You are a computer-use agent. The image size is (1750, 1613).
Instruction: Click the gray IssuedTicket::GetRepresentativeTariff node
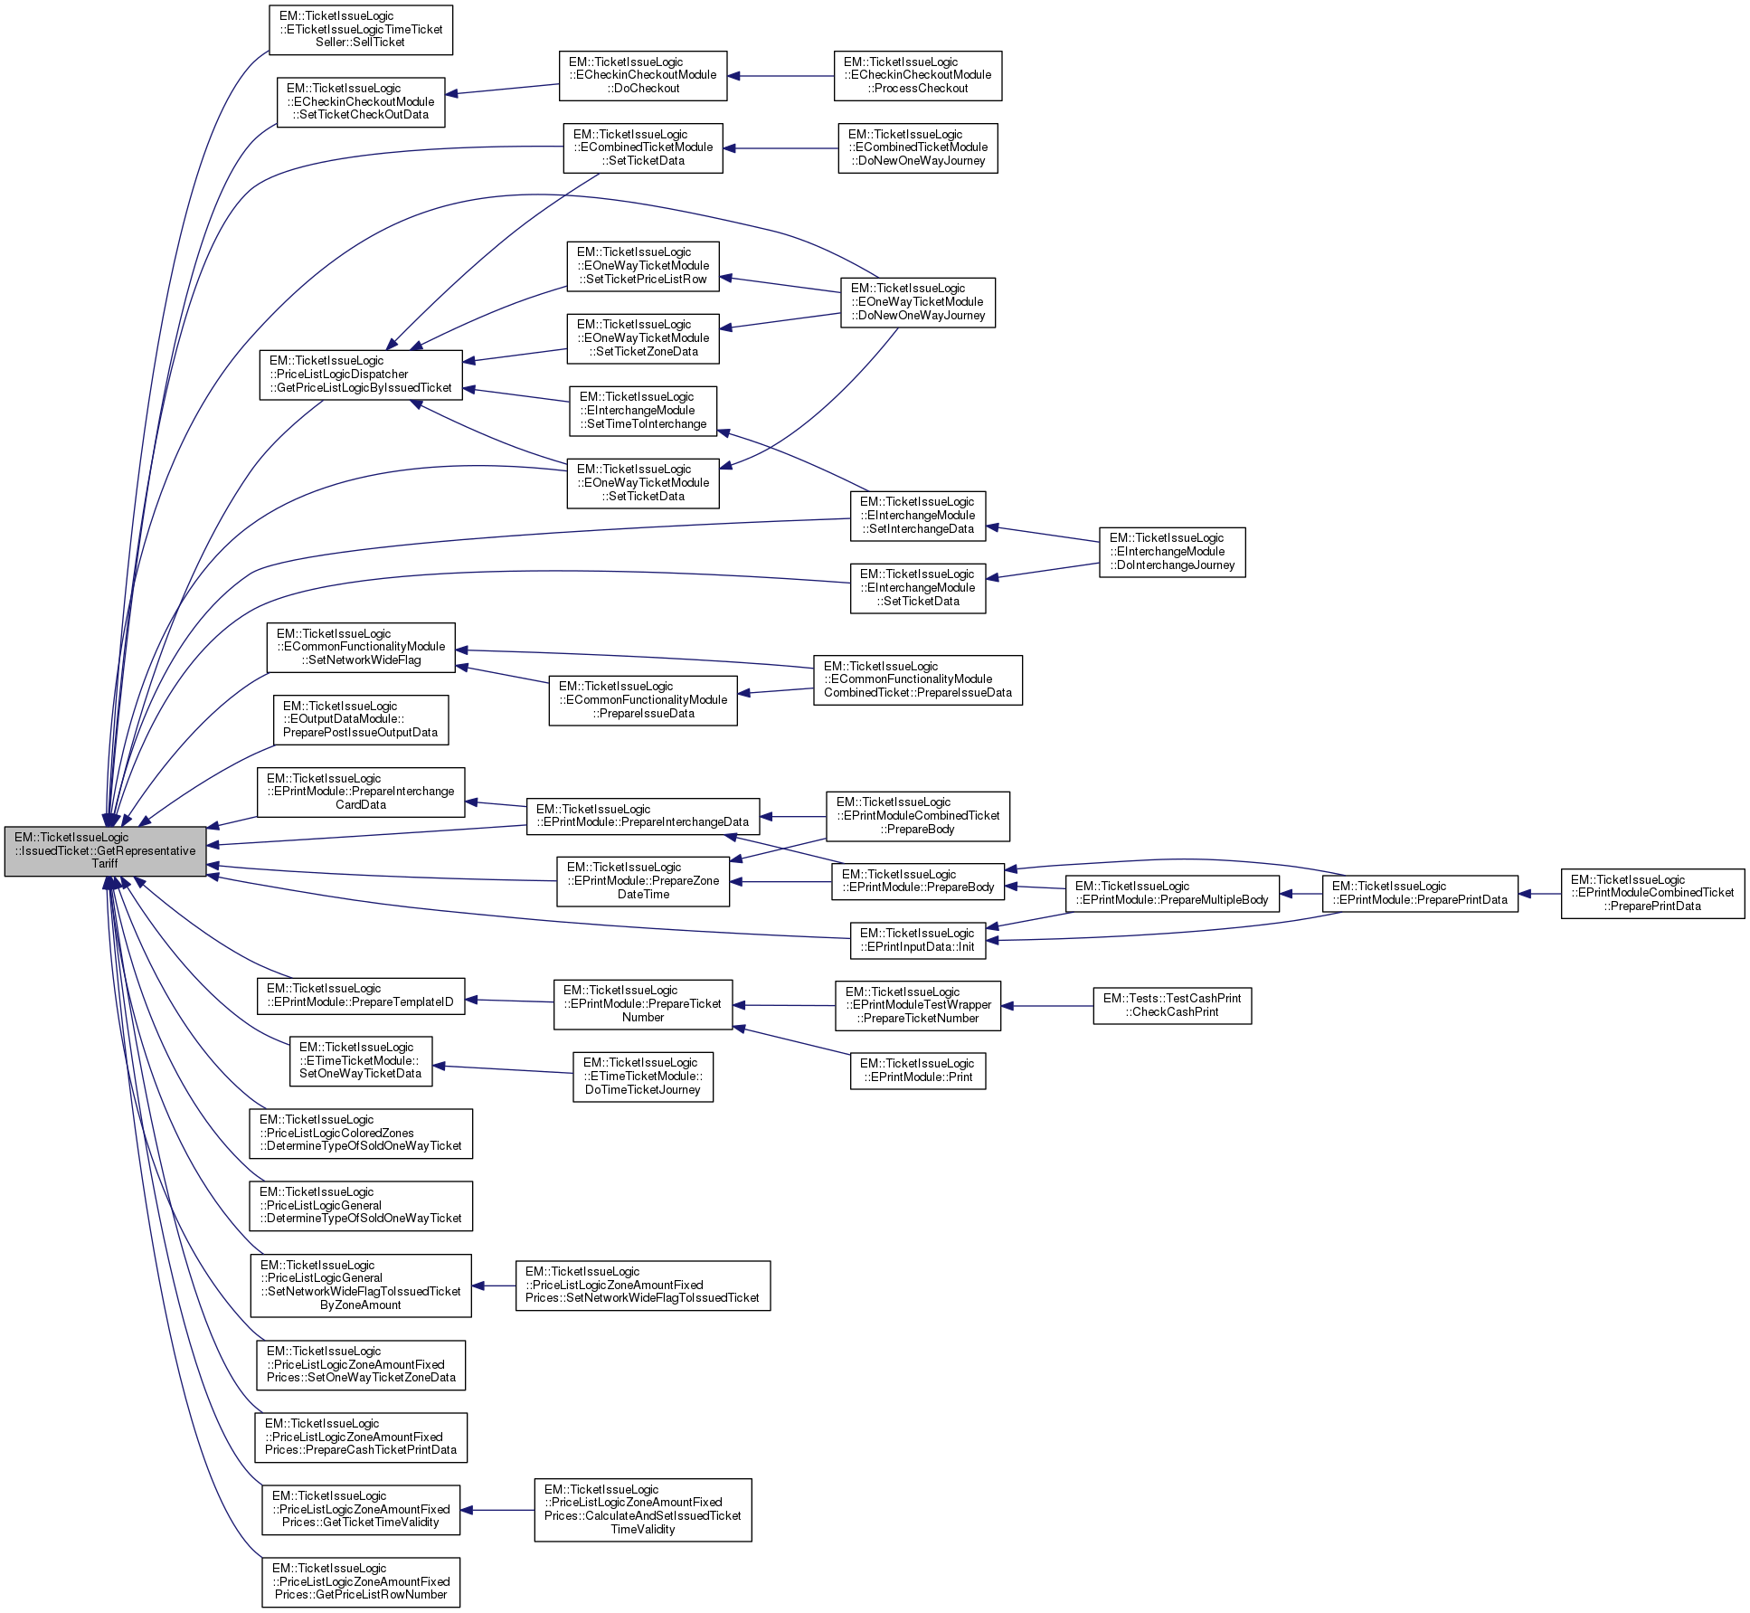point(105,850)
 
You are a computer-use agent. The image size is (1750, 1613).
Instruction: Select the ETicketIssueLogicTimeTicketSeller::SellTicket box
point(361,30)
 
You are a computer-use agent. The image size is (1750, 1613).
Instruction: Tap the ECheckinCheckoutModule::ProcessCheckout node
point(917,76)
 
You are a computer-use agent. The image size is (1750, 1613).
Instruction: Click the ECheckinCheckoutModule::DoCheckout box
point(642,76)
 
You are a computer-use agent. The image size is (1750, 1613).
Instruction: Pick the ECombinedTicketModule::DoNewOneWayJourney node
point(917,148)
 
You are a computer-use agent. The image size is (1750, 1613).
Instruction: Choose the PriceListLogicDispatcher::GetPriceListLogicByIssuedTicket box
point(360,375)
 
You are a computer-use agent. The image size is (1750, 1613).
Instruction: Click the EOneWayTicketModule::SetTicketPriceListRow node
point(642,266)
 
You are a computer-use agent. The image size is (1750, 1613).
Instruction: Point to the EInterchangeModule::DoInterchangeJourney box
point(1172,552)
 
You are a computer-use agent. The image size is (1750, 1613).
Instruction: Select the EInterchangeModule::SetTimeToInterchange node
point(642,411)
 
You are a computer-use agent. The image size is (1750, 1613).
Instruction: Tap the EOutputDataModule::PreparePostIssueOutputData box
point(360,720)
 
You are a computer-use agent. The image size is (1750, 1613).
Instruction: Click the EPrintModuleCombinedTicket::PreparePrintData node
point(1651,894)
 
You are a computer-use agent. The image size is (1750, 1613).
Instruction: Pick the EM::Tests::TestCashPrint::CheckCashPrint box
point(1172,1005)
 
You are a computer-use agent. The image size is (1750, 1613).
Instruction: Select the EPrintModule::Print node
point(917,1071)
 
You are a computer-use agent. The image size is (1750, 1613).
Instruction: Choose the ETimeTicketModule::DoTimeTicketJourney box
point(642,1077)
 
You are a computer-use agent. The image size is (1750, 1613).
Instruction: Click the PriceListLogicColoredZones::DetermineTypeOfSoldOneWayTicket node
point(360,1134)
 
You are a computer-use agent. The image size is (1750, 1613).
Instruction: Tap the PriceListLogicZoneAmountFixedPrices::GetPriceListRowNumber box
point(360,1582)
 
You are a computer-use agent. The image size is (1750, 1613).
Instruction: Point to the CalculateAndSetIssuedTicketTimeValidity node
point(642,1510)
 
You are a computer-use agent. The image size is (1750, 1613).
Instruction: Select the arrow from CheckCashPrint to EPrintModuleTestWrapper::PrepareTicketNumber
point(1046,1005)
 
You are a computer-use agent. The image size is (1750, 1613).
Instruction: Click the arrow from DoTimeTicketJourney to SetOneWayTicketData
point(503,1069)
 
